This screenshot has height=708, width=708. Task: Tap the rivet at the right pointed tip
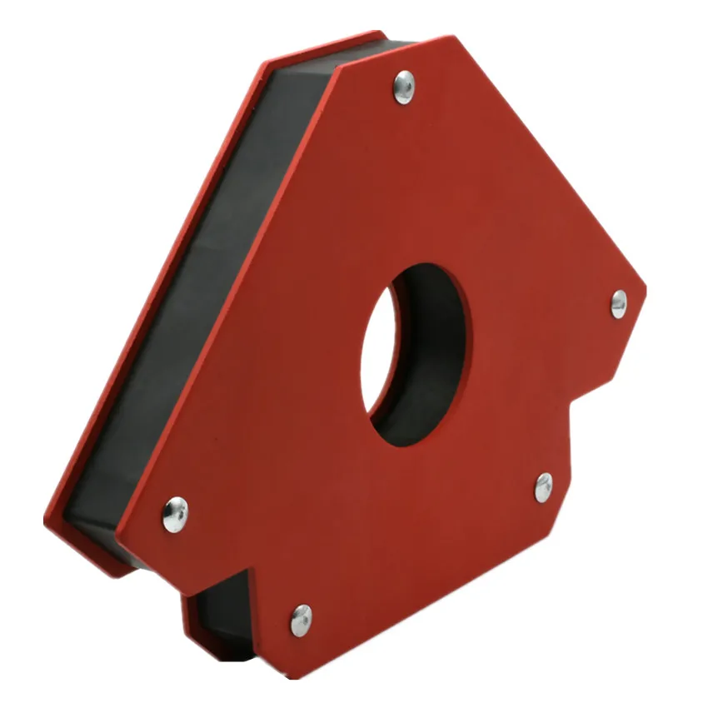[x=619, y=304]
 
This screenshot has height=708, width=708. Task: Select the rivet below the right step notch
[x=543, y=487]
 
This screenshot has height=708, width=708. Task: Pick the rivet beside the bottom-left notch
[x=301, y=619]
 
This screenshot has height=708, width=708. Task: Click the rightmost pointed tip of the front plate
[x=646, y=283]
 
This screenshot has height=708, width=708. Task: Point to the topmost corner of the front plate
[x=454, y=37]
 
